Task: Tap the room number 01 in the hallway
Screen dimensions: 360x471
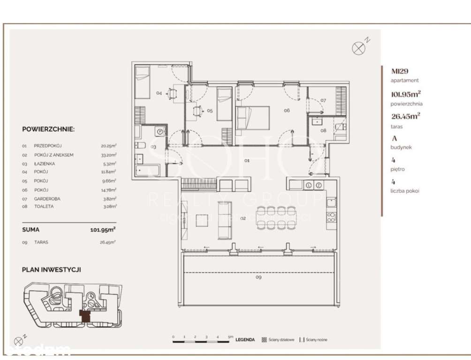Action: click(x=247, y=161)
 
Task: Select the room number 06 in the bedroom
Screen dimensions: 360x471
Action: click(x=286, y=111)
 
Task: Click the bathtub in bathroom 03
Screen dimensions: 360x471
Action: click(x=147, y=170)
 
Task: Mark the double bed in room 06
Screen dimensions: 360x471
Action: click(x=253, y=117)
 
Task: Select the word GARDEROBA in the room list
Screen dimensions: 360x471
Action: click(x=47, y=199)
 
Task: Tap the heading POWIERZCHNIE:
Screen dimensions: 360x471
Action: click(x=48, y=129)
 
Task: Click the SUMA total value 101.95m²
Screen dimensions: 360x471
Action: click(x=103, y=230)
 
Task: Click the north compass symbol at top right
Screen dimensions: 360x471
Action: click(x=358, y=47)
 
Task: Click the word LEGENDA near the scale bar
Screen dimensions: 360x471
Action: click(x=245, y=340)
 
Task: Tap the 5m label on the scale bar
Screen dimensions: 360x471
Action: click(x=230, y=337)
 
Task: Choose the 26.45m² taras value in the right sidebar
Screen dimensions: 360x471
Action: click(x=406, y=117)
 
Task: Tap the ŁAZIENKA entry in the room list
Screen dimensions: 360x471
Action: click(x=45, y=164)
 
